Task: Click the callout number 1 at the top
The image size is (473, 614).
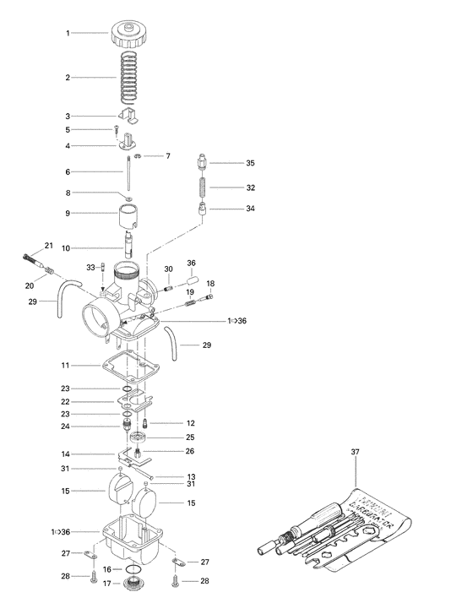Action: (x=68, y=32)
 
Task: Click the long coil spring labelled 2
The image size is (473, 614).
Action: (x=128, y=78)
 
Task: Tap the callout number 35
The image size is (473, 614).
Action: (x=250, y=162)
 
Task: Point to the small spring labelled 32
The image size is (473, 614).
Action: (x=205, y=187)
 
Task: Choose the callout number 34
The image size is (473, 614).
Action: (x=250, y=209)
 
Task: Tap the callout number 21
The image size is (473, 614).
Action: (x=48, y=246)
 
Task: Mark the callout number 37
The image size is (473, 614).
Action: (x=355, y=454)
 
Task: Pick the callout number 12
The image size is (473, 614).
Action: (x=191, y=422)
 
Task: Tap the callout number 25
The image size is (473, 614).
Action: (x=191, y=437)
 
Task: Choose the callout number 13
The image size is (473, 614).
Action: (x=191, y=476)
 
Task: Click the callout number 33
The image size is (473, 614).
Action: (x=90, y=267)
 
